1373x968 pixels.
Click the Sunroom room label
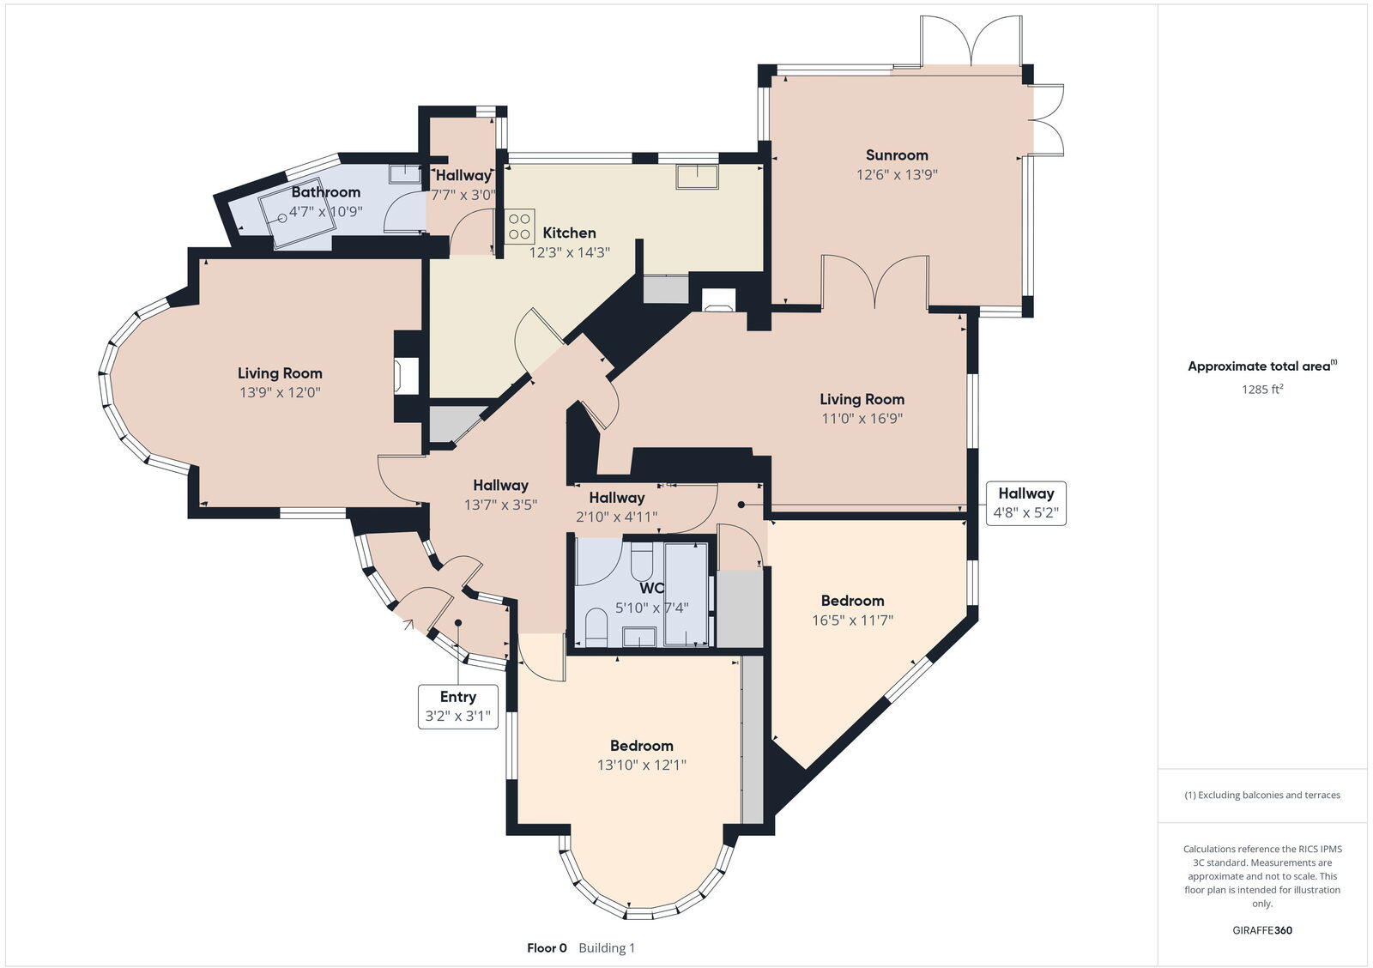(x=897, y=155)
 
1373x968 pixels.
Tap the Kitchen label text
(x=569, y=233)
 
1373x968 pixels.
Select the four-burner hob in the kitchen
(x=519, y=227)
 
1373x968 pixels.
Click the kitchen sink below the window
(x=698, y=177)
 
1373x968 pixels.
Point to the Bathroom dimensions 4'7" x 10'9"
(x=325, y=211)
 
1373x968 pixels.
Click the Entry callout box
(x=457, y=706)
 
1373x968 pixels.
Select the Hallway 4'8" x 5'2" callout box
(x=1025, y=503)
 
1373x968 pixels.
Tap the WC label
(x=651, y=589)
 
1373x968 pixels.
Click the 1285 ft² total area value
(x=1261, y=389)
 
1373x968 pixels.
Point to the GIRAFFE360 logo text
(x=1262, y=930)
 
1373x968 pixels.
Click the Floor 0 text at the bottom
(x=547, y=948)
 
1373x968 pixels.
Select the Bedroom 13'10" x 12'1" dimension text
(x=642, y=765)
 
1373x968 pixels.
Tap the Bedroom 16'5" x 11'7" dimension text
(x=852, y=620)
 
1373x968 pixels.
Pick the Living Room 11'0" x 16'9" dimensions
(x=862, y=419)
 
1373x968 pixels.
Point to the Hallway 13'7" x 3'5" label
(x=500, y=505)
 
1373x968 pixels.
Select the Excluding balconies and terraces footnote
(x=1262, y=795)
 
